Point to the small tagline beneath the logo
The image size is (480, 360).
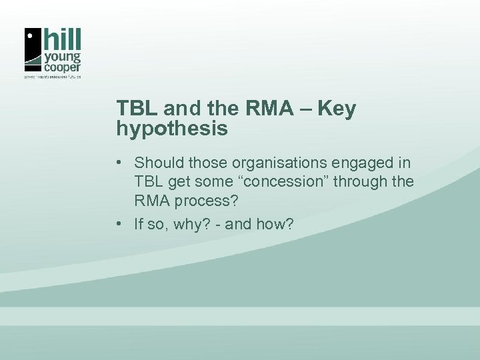52,77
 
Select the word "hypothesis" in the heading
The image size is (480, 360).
172,129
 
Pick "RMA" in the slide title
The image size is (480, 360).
271,109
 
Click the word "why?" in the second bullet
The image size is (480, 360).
189,225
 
